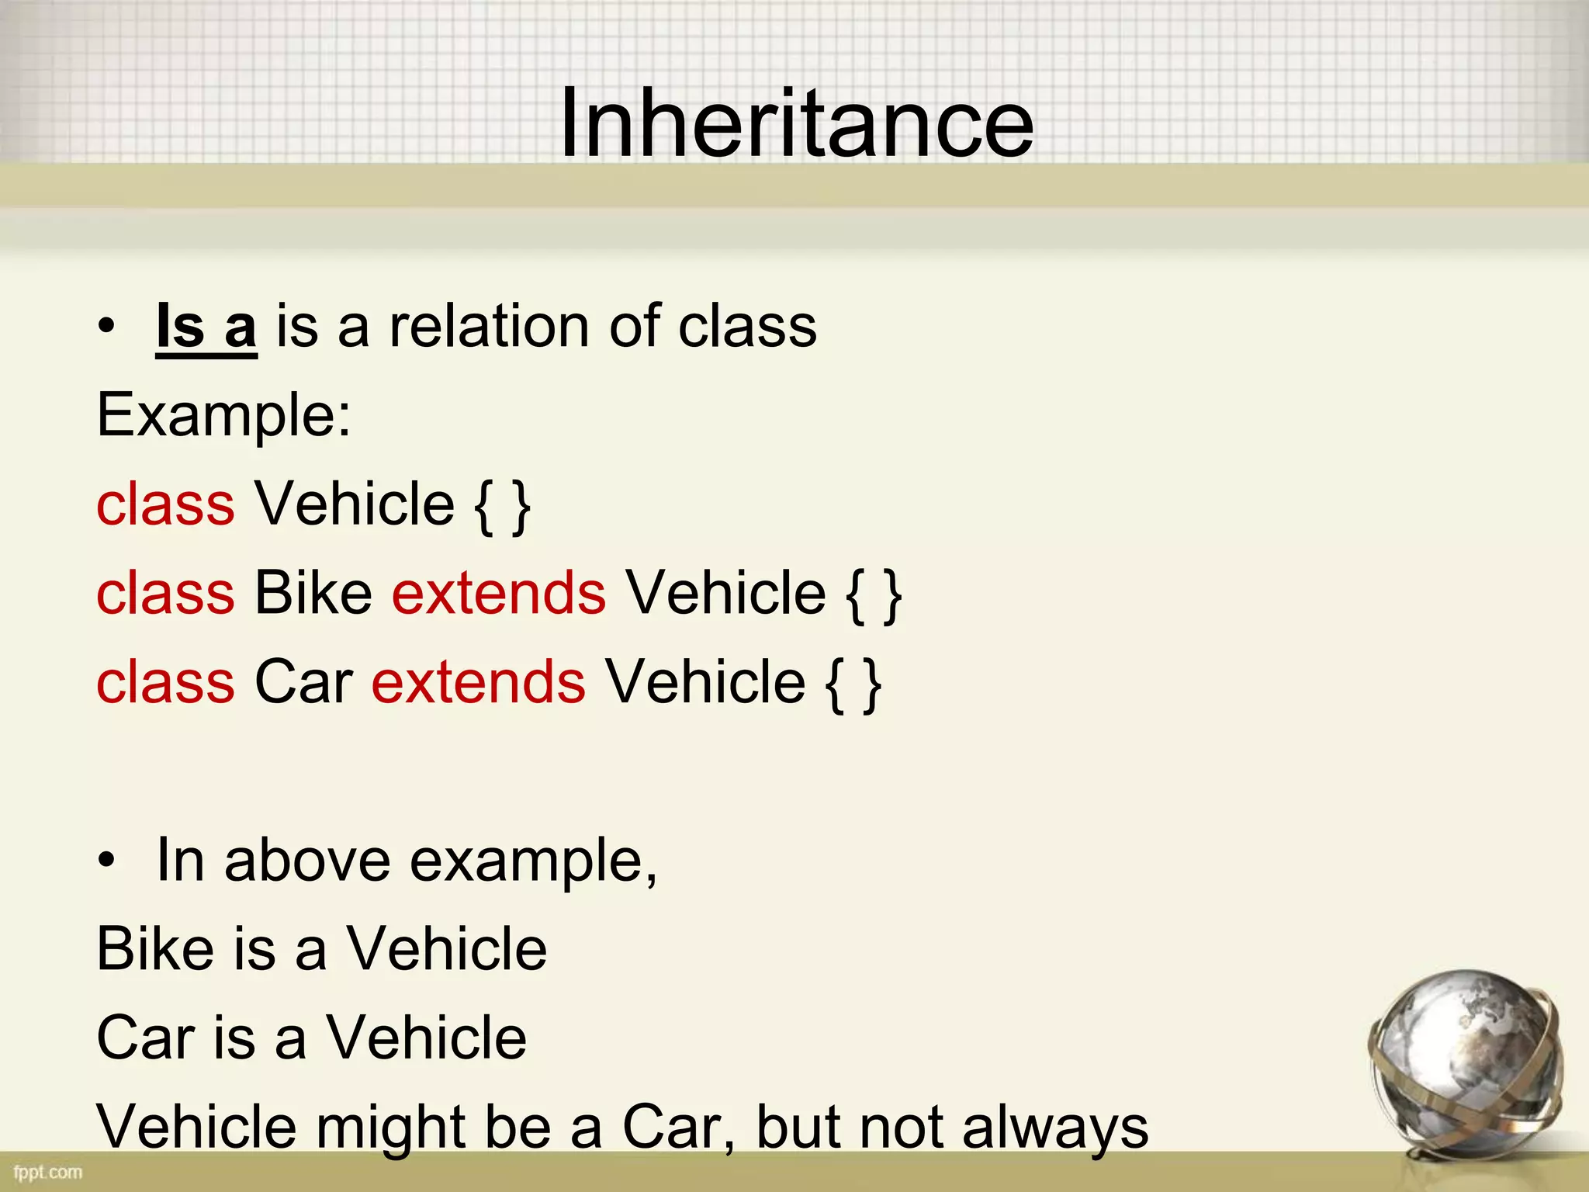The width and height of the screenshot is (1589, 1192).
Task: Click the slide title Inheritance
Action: pyautogui.click(x=796, y=123)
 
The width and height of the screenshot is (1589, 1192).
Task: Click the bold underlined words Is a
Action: pyautogui.click(x=206, y=327)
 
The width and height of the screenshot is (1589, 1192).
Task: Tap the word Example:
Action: pyautogui.click(x=223, y=415)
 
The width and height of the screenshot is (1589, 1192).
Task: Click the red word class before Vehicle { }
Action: pyautogui.click(x=165, y=504)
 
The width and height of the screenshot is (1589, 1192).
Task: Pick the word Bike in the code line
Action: pyautogui.click(x=313, y=594)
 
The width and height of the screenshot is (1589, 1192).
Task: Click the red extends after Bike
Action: pyautogui.click(x=498, y=594)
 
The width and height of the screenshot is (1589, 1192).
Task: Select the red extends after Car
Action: pyautogui.click(x=478, y=682)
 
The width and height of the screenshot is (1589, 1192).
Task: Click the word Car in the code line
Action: pyautogui.click(x=303, y=682)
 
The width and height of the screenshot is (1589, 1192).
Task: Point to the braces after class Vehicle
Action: pyautogui.click(x=503, y=506)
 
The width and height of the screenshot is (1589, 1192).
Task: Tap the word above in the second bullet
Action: pyautogui.click(x=307, y=861)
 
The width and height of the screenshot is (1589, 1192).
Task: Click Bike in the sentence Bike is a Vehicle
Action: pyautogui.click(x=155, y=949)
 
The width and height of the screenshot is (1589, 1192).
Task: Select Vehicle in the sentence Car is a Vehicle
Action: pyautogui.click(x=426, y=1038)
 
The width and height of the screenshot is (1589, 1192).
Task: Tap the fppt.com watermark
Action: pyautogui.click(x=47, y=1172)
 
